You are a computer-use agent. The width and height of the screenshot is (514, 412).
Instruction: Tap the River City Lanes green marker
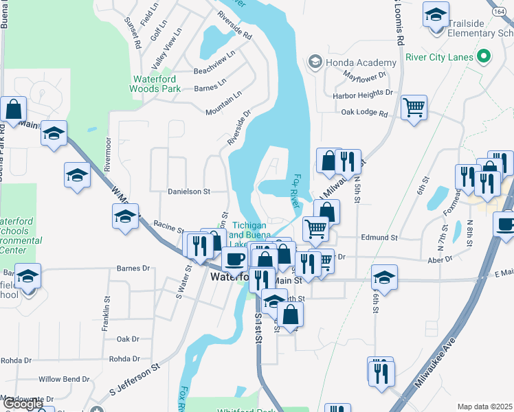coord(484,56)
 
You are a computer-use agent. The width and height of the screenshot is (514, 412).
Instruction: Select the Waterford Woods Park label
coord(156,84)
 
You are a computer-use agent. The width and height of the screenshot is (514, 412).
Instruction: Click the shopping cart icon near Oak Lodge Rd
coord(414,107)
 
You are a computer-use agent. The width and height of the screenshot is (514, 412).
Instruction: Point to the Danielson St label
coord(188,192)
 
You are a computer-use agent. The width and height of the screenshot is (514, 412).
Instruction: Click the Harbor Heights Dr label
coord(362,93)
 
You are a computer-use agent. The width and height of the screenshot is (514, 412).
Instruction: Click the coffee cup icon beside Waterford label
coord(235,259)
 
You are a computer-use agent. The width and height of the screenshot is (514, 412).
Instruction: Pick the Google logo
coord(23,404)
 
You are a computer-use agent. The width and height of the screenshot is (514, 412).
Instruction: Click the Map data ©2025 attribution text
coord(484,407)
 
